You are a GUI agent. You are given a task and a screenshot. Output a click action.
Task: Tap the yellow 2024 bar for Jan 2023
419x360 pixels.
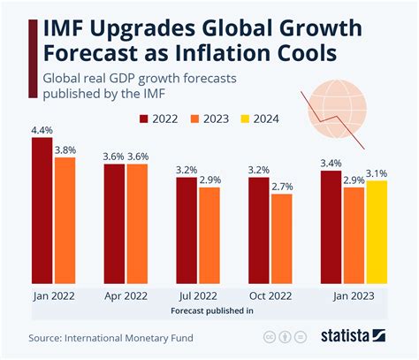click(377, 229)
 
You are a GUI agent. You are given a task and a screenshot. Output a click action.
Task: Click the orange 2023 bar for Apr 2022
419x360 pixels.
click(137, 221)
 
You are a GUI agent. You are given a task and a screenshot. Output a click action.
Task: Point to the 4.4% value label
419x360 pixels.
click(42, 131)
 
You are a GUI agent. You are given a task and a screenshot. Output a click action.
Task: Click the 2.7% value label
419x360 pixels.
click(282, 187)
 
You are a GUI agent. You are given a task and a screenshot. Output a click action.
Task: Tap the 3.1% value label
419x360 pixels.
click(377, 173)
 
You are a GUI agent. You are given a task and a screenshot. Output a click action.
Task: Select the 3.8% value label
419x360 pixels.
click(65, 150)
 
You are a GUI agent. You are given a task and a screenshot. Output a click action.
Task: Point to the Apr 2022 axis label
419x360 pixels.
click(126, 296)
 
